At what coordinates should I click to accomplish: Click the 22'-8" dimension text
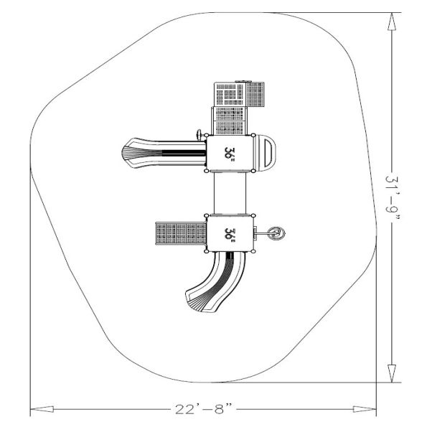(203, 409)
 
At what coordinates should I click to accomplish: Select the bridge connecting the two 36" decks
(230, 193)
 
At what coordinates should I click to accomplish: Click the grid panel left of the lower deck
(181, 233)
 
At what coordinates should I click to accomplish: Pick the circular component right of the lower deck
(276, 234)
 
